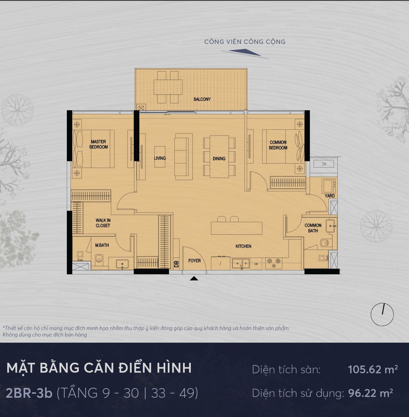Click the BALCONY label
202,99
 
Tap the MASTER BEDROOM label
98,144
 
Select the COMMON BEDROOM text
278,145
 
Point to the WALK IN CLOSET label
103,223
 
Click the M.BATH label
102,245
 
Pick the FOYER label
195,261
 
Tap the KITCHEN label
243,246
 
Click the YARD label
330,196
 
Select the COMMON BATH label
313,228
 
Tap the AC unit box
324,164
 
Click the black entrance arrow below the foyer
194,278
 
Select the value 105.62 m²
373,369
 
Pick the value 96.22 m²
371,393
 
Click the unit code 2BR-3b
29,393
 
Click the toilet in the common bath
325,243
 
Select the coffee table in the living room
160,157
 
